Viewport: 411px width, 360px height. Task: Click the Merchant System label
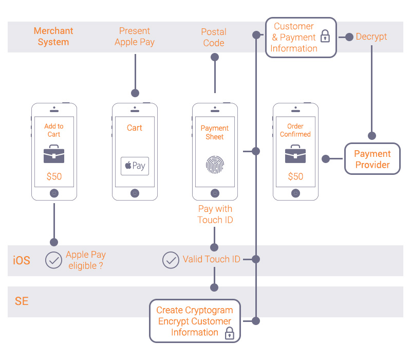click(53, 37)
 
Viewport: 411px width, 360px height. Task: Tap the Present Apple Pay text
click(135, 37)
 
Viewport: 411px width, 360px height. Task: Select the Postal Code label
click(214, 38)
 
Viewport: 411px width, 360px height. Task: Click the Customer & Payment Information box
click(301, 37)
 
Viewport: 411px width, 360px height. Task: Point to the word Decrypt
click(371, 37)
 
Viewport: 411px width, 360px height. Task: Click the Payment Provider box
click(372, 159)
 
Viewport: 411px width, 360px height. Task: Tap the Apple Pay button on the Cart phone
click(135, 166)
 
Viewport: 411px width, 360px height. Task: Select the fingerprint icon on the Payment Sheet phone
click(215, 164)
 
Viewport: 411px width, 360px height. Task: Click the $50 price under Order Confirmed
click(295, 176)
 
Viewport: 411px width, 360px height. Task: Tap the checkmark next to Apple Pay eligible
click(53, 261)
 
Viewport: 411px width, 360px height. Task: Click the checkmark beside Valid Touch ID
click(171, 260)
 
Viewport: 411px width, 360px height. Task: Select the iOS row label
click(22, 261)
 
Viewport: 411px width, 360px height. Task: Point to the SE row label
click(22, 301)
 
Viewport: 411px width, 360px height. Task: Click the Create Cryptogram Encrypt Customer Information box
click(195, 321)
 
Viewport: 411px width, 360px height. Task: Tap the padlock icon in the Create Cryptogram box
click(230, 333)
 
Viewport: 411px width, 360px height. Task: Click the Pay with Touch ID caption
click(215, 214)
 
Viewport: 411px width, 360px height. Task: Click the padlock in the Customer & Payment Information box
click(325, 36)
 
